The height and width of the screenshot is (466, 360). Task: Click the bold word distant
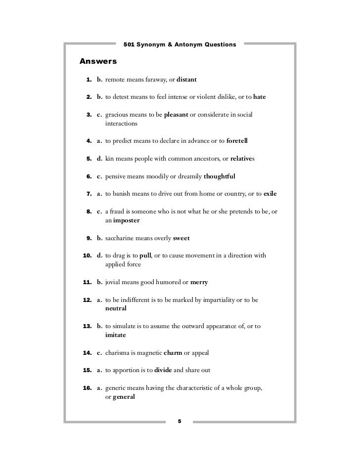pyautogui.click(x=186, y=79)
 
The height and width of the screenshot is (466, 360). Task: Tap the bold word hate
pyautogui.click(x=259, y=97)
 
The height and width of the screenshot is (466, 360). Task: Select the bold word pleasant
pyautogui.click(x=176, y=115)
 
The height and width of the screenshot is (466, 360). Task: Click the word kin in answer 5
pyautogui.click(x=110, y=159)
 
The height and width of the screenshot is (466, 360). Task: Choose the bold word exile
pyautogui.click(x=270, y=194)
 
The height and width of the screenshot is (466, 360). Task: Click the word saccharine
pyautogui.click(x=121, y=238)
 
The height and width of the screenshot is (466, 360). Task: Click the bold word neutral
pyautogui.click(x=116, y=308)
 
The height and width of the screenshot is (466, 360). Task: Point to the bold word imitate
pyautogui.click(x=116, y=335)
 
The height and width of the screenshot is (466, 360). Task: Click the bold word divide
pyautogui.click(x=163, y=371)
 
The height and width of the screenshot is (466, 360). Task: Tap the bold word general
pyautogui.click(x=124, y=397)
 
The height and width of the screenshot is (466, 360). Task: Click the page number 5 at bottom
pyautogui.click(x=180, y=421)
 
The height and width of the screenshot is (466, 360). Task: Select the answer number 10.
pyautogui.click(x=86, y=255)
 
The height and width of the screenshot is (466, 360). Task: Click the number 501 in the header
pyautogui.click(x=130, y=45)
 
